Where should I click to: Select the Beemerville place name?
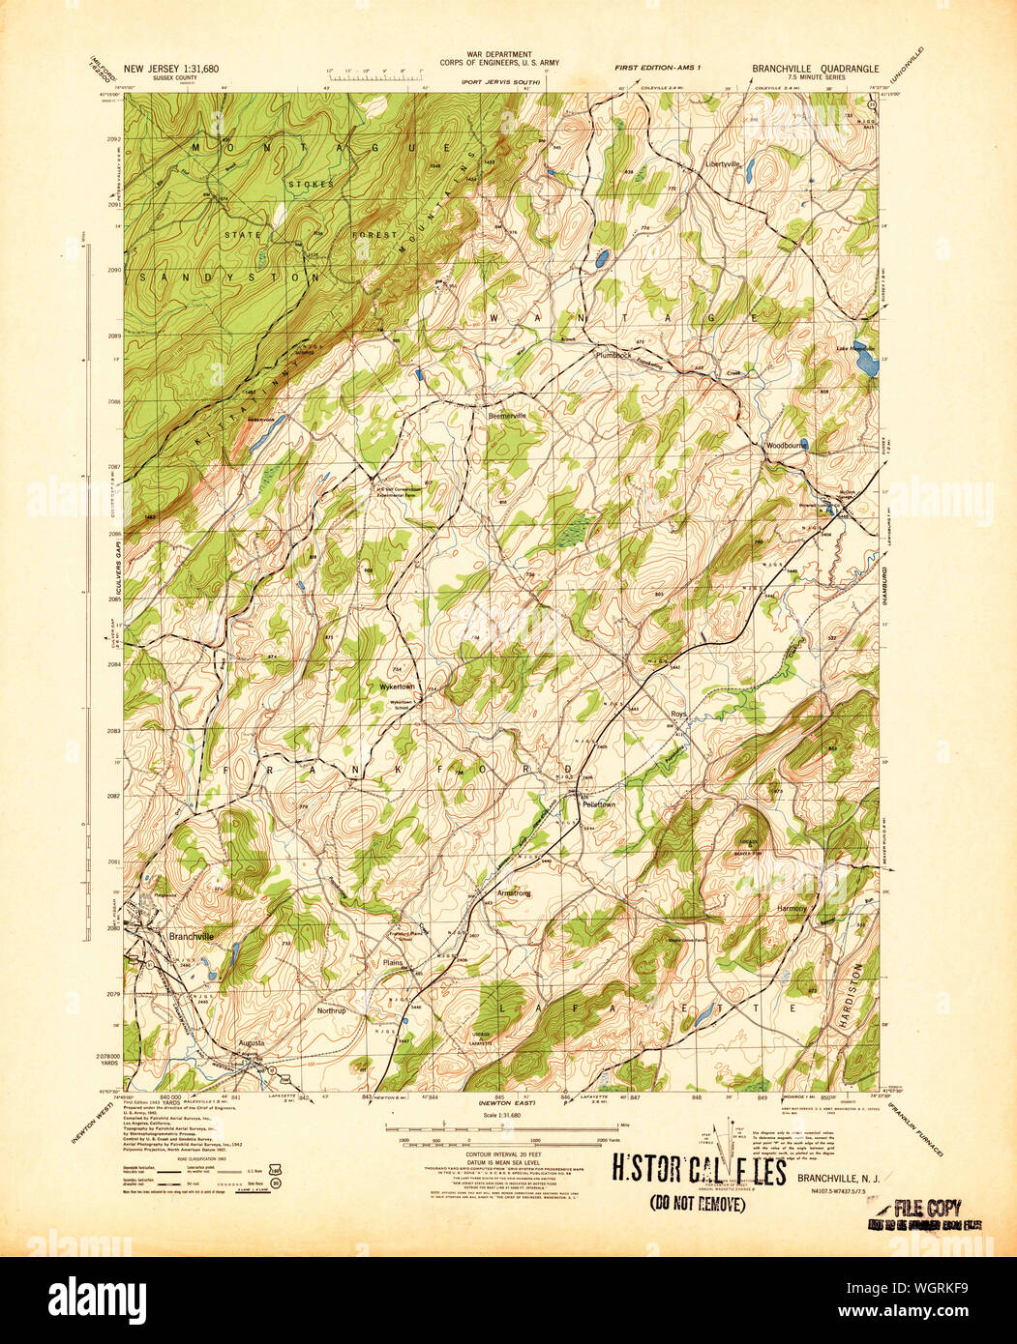point(507,415)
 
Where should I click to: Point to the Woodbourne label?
point(786,446)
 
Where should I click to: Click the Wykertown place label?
point(396,687)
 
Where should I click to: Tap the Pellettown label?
point(598,803)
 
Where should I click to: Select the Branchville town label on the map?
point(191,936)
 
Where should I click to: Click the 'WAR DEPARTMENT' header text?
point(500,55)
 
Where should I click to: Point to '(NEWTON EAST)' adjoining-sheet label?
point(500,1102)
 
